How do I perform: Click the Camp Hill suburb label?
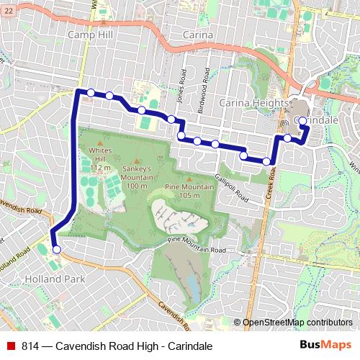[91, 34]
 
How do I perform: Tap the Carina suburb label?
[197, 34]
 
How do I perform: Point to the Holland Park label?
[55, 278]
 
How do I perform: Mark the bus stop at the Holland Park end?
[56, 250]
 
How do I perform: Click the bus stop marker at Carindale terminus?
[302, 120]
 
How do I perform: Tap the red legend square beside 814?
[11, 346]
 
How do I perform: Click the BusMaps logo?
[325, 346]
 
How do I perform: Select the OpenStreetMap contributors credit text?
[297, 323]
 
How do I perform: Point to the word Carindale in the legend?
[189, 346]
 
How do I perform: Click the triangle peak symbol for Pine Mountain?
[189, 180]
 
